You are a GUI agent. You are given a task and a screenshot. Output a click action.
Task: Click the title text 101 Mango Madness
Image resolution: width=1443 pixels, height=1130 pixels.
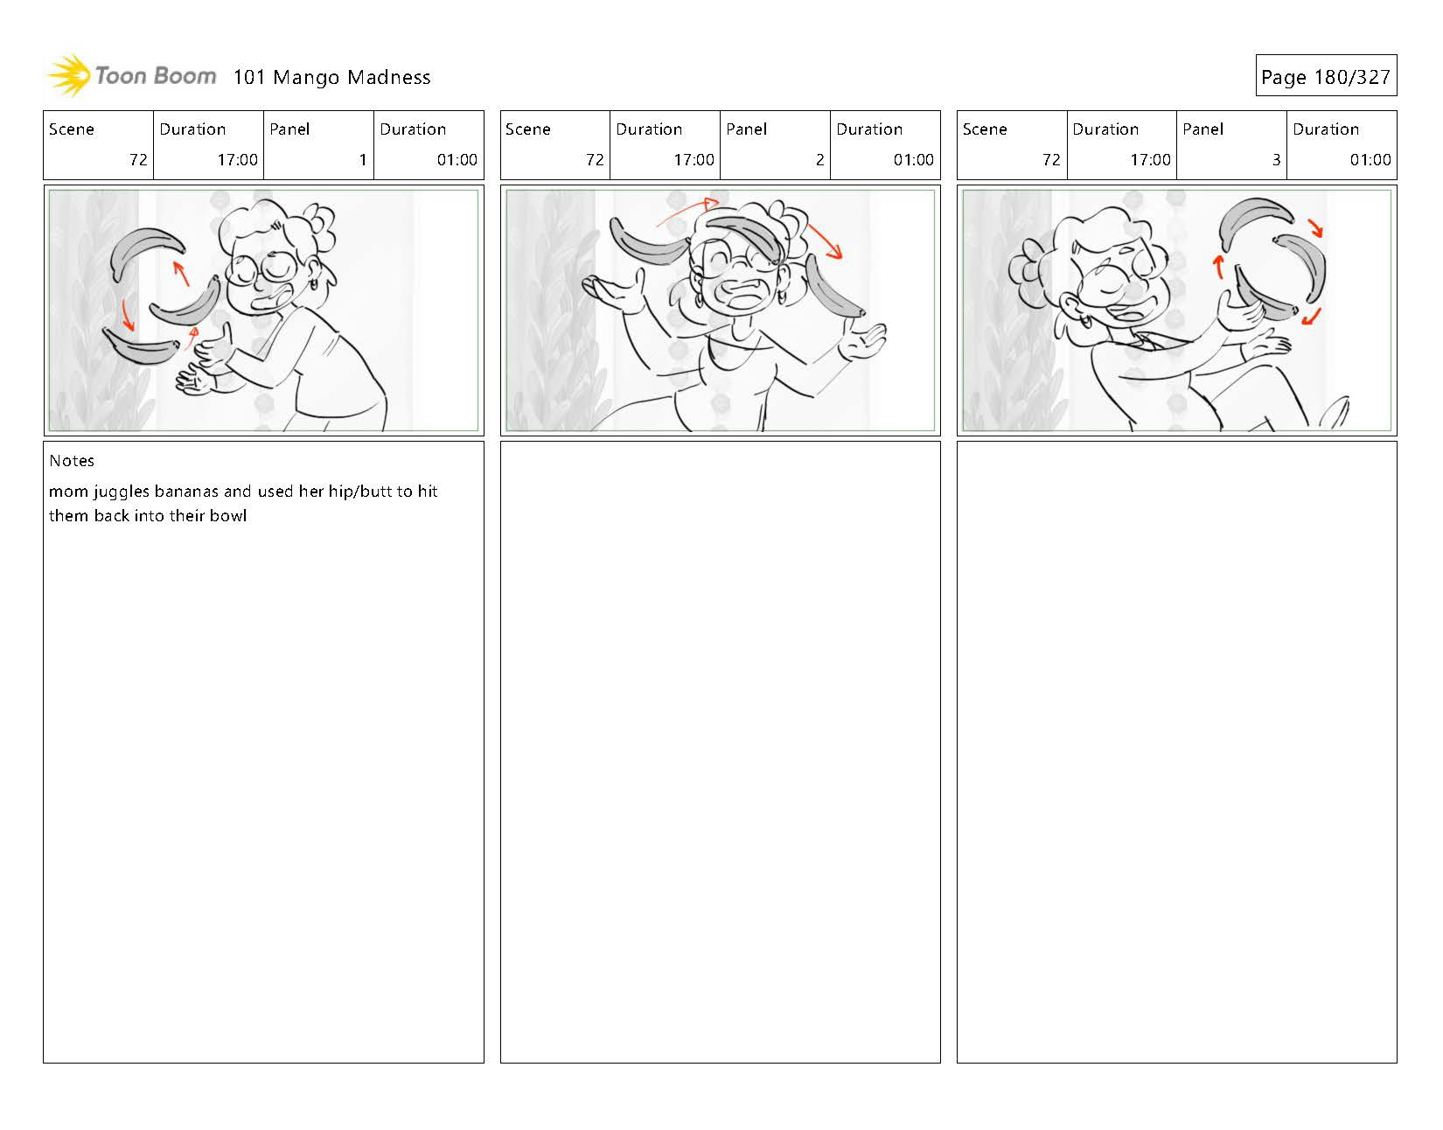pyautogui.click(x=331, y=78)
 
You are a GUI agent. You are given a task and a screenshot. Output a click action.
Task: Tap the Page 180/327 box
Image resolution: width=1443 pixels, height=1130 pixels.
pyautogui.click(x=1326, y=75)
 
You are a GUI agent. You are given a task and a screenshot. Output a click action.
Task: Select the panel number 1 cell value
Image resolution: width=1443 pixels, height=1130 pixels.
pyautogui.click(x=363, y=160)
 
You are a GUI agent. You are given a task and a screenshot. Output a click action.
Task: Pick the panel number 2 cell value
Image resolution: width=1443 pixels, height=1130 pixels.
pyautogui.click(x=819, y=160)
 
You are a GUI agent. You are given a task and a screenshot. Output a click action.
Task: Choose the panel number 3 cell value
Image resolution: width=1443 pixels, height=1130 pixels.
pyautogui.click(x=1276, y=160)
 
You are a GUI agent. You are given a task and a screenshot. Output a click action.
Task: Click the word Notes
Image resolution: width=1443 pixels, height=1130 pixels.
pyautogui.click(x=72, y=461)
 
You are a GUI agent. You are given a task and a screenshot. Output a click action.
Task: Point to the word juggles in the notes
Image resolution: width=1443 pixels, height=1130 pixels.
pyautogui.click(x=121, y=492)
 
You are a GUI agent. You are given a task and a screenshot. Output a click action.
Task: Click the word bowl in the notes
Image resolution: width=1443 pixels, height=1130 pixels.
pyautogui.click(x=229, y=516)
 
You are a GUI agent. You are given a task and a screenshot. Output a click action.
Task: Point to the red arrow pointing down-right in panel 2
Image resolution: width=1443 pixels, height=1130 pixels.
pyautogui.click(x=824, y=241)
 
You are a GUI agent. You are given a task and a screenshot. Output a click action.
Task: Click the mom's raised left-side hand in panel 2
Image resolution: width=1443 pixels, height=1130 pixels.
pyautogui.click(x=613, y=292)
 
